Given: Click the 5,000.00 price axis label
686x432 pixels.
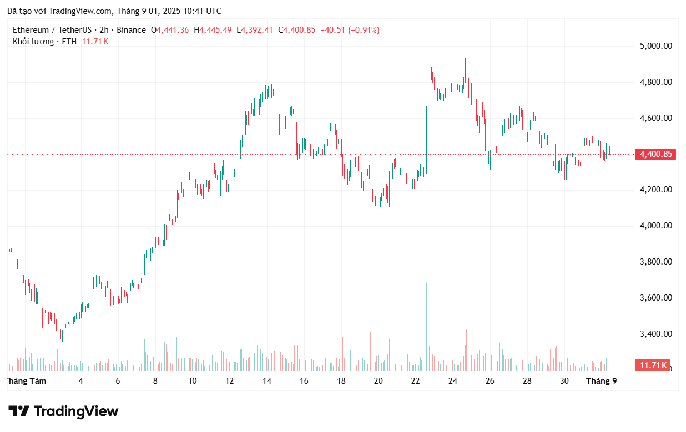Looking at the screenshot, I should click(x=656, y=46).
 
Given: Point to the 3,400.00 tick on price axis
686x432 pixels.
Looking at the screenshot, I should click(x=656, y=334).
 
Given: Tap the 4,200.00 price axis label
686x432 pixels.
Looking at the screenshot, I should click(x=656, y=190).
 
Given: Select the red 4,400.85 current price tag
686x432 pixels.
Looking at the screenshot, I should click(x=655, y=155).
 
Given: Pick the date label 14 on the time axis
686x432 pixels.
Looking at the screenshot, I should click(x=267, y=381).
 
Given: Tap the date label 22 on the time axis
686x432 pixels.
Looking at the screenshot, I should click(x=416, y=381).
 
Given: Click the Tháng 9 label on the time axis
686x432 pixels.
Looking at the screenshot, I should click(x=602, y=381).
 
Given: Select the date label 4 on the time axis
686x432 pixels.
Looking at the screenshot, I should click(x=81, y=381).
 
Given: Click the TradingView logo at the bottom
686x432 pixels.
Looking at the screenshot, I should click(x=64, y=411).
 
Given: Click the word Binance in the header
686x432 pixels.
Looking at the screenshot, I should click(x=131, y=30).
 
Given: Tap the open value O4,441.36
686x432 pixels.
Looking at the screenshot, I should click(x=170, y=30).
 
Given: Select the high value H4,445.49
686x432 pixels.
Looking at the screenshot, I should click(x=213, y=30).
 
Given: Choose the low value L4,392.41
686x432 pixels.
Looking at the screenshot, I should click(x=255, y=30).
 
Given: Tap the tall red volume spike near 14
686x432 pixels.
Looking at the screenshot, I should click(x=276, y=327).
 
